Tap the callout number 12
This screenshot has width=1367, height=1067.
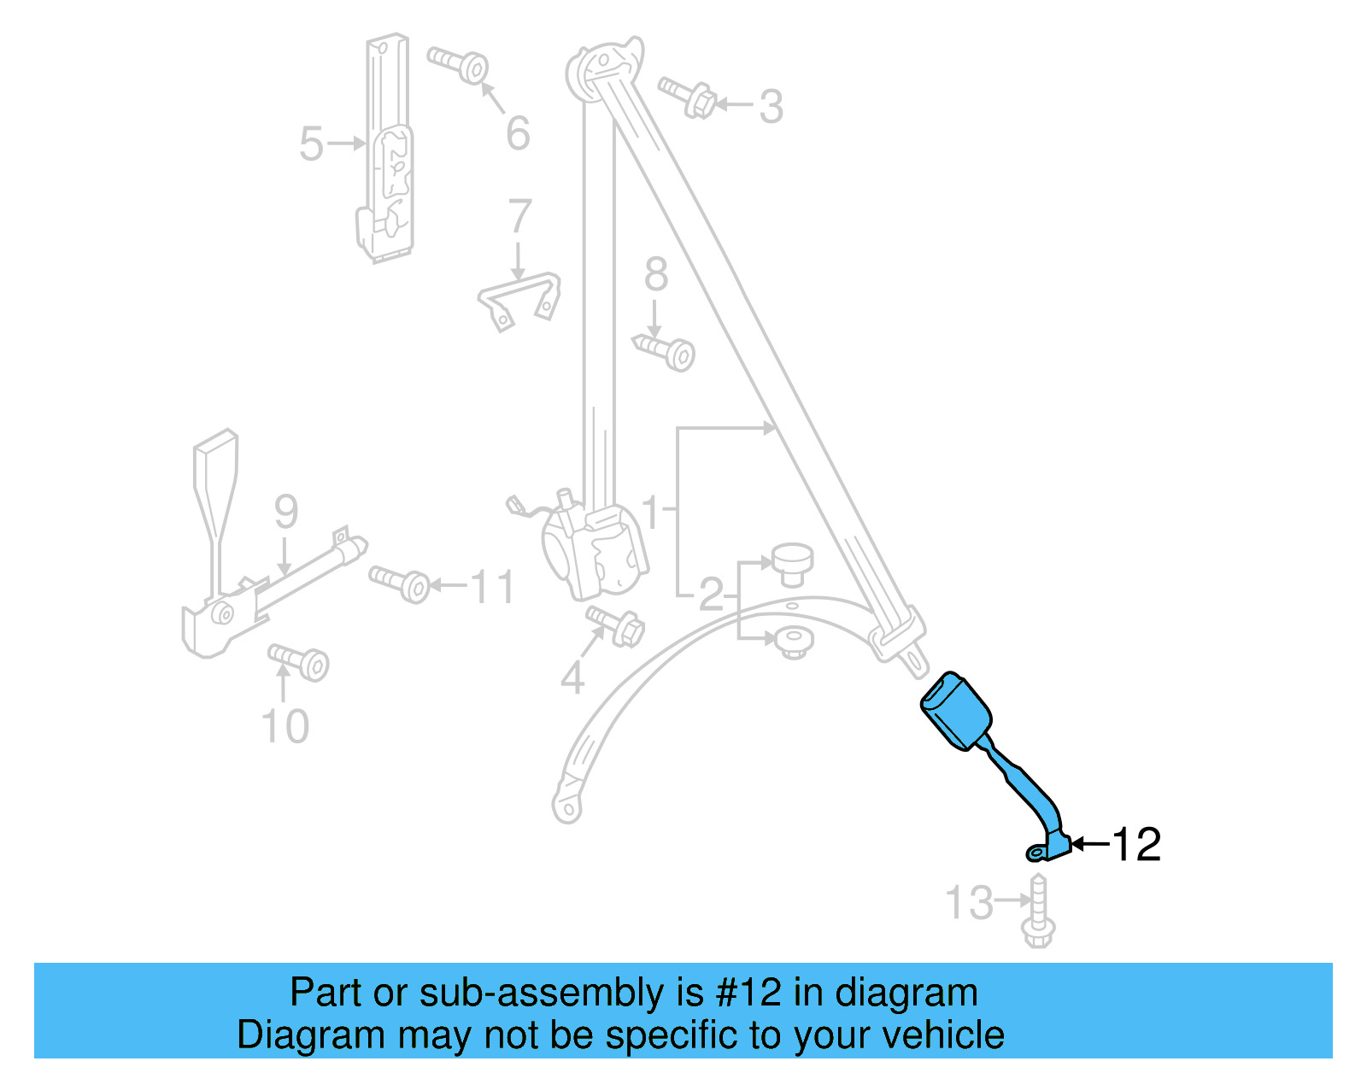pos(1136,845)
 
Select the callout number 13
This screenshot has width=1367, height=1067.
pos(970,903)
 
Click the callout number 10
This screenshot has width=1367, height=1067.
pos(285,727)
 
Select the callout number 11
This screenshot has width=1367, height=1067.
pos(493,588)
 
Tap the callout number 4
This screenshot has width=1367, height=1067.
pos(572,679)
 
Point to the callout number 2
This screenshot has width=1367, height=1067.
pos(711,595)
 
